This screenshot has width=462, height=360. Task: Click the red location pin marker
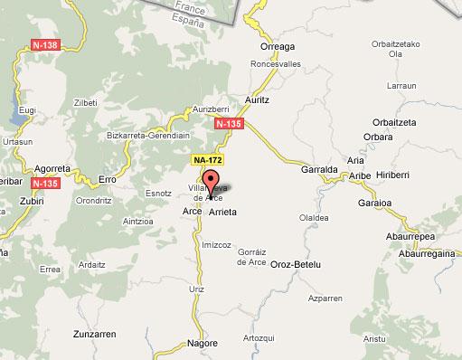point(212,178)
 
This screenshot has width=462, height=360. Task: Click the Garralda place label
point(317,167)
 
